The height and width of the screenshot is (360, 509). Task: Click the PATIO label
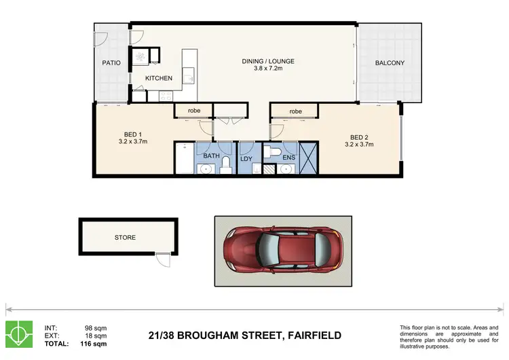[x=111, y=63]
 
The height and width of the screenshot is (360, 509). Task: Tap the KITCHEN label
[x=159, y=78]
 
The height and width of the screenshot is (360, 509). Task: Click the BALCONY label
[x=390, y=63]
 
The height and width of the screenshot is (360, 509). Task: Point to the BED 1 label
[x=132, y=134]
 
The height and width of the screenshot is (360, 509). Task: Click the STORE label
[x=125, y=238]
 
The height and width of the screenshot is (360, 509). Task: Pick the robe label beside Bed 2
[x=295, y=111]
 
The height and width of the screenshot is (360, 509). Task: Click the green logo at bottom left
[x=19, y=334]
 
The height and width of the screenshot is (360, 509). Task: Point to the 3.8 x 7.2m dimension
[x=268, y=69]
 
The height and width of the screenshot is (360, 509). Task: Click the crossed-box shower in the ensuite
[x=309, y=158]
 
